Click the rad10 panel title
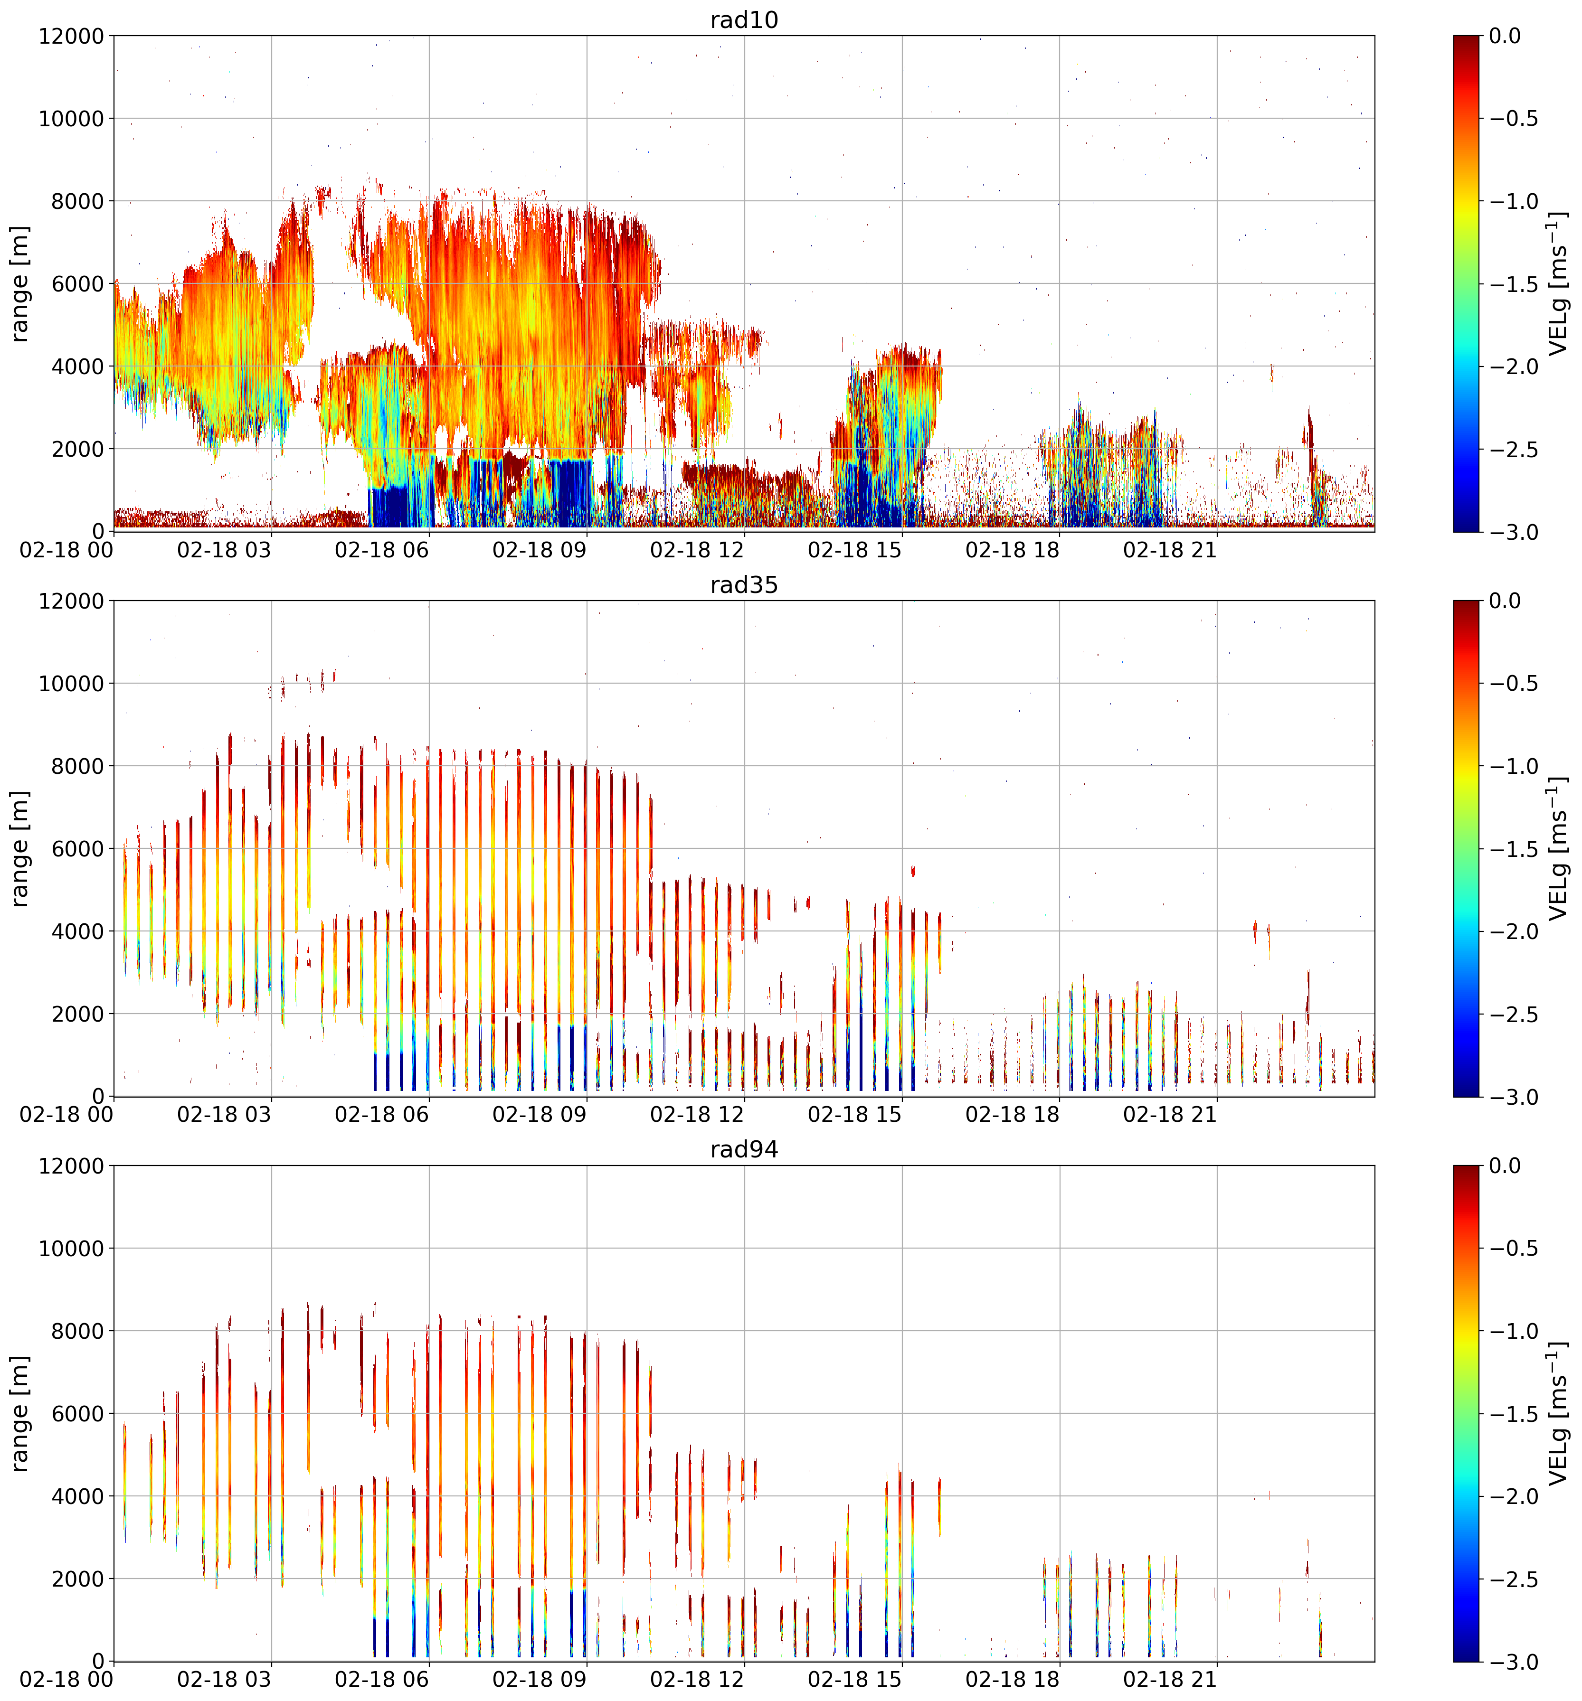[744, 19]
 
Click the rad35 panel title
[744, 585]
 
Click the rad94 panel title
[744, 1150]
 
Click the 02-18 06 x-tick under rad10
[382, 550]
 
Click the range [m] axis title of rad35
[20, 849]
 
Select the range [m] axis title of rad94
[20, 1413]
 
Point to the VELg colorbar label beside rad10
[1558, 283]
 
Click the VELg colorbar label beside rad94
[1558, 1413]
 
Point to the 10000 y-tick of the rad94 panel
[71, 1249]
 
